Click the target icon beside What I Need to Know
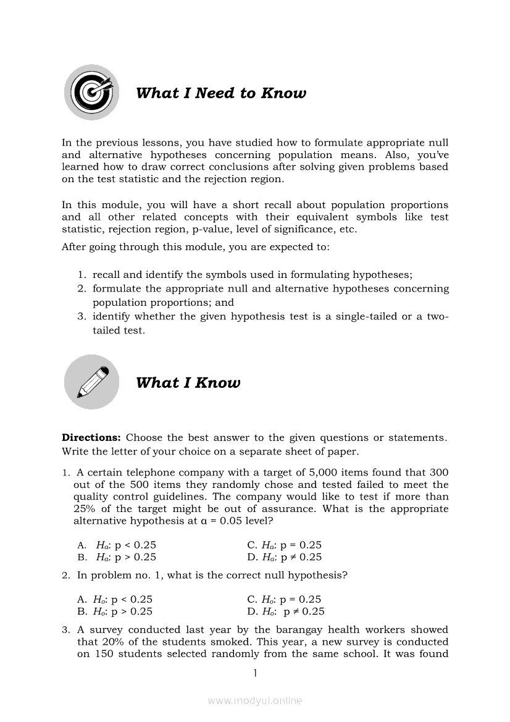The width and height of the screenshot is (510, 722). coord(91,93)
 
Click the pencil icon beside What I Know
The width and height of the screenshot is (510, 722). coord(91,382)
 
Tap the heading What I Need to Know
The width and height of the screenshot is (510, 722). coord(220,93)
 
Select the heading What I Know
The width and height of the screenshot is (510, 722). coord(188,382)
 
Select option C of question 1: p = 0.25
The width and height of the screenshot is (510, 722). coord(284,545)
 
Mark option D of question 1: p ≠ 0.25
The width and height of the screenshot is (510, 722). coord(284,556)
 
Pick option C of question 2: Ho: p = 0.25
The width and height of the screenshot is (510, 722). coord(284,599)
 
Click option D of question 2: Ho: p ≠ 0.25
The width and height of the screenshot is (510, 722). coord(285,611)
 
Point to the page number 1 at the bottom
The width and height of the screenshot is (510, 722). coord(254,673)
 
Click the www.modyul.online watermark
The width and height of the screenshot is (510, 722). coord(255,700)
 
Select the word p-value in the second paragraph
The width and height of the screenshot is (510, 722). coord(238,229)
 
